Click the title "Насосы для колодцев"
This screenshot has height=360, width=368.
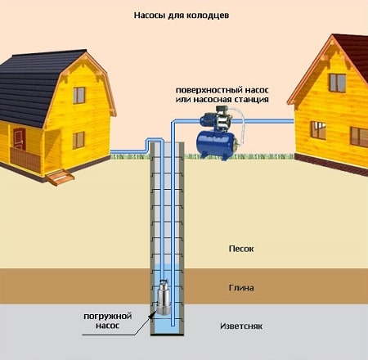point(182,16)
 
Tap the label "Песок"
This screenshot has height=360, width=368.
point(241,249)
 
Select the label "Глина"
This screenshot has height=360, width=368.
point(241,288)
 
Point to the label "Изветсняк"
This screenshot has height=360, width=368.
point(241,326)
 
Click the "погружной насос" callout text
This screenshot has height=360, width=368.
point(108,321)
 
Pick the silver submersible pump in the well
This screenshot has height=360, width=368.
point(164,297)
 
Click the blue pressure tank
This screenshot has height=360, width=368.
point(217,145)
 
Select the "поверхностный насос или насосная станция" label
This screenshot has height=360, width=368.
point(222,95)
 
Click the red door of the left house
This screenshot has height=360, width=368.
point(20,139)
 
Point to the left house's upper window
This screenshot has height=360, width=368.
point(79,95)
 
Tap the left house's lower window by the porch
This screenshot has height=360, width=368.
point(79,140)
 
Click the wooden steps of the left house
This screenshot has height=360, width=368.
point(60,178)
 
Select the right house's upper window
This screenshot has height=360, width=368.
point(338,83)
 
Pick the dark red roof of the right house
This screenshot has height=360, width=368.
point(353,55)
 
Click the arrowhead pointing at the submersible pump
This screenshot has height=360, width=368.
point(151,314)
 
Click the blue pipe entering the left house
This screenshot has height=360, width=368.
point(128,151)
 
